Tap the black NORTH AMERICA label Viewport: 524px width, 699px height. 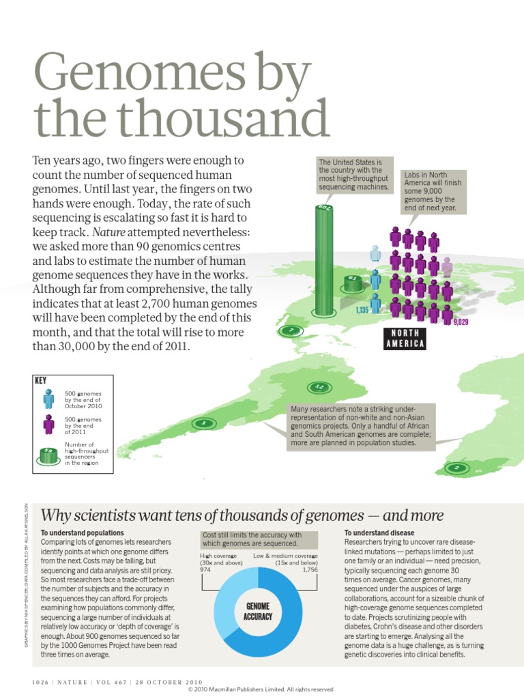pyautogui.click(x=405, y=339)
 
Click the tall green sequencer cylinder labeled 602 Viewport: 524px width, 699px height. pyautogui.click(x=324, y=259)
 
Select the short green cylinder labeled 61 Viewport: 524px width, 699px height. pyautogui.click(x=352, y=283)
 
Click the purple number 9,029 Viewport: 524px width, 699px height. pyautogui.click(x=461, y=322)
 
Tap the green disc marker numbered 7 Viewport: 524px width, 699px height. pyautogui.click(x=290, y=331)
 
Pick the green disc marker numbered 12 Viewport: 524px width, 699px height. pyautogui.click(x=320, y=388)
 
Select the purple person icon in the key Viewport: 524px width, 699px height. pyautogui.click(x=48, y=424)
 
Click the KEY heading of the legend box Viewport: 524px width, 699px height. pyautogui.click(x=40, y=380)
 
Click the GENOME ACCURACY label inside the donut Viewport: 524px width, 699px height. pyautogui.click(x=258, y=611)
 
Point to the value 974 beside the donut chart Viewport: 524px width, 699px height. pyautogui.click(x=207, y=569)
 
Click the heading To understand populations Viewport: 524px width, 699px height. pyautogui.click(x=83, y=532)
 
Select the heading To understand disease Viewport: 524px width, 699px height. pyautogui.click(x=379, y=532)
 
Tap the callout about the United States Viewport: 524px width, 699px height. pyautogui.click(x=354, y=174)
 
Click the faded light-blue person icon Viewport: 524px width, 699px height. pyautogui.click(x=375, y=254)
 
